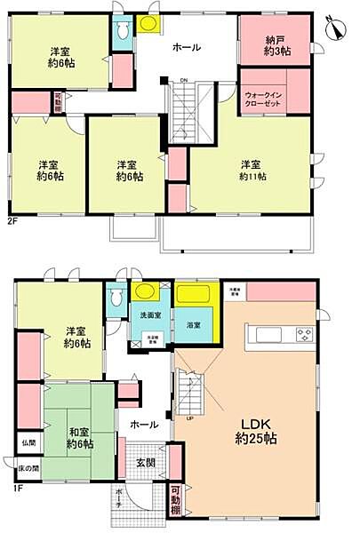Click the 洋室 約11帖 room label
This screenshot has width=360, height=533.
coord(250,170)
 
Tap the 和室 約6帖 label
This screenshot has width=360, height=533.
coord(81,437)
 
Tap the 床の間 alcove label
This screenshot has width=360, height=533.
coord(28,468)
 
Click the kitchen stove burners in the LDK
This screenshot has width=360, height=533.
coord(304,335)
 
